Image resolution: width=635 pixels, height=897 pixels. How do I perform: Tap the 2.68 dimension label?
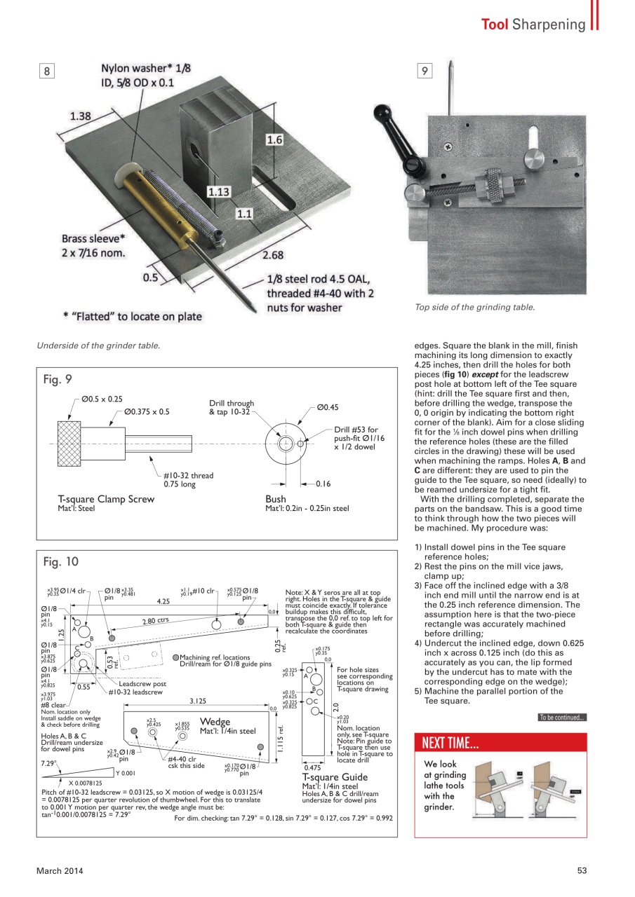coord(272,255)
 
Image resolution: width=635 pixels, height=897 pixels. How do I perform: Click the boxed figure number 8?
coord(46,71)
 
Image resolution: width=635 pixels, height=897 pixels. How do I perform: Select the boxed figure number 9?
coord(425,71)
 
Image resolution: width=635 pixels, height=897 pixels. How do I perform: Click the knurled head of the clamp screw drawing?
coord(69,444)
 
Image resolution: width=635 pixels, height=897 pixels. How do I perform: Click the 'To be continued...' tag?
coord(561,717)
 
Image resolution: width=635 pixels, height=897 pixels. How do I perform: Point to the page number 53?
coord(582,870)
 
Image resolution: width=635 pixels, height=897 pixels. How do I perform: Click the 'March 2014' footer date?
coord(60,870)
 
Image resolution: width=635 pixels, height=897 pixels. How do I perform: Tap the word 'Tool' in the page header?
coord(495,25)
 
